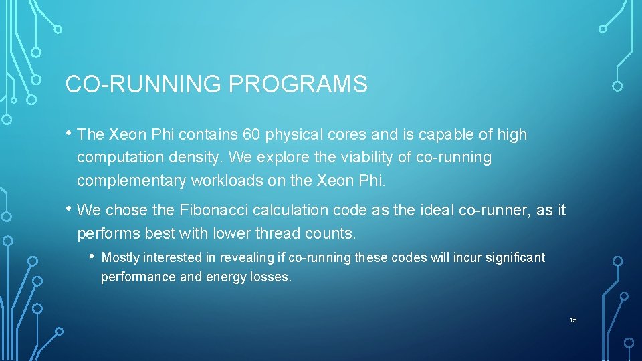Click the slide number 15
pyautogui.click(x=572, y=320)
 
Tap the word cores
pyautogui.click(x=348, y=134)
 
